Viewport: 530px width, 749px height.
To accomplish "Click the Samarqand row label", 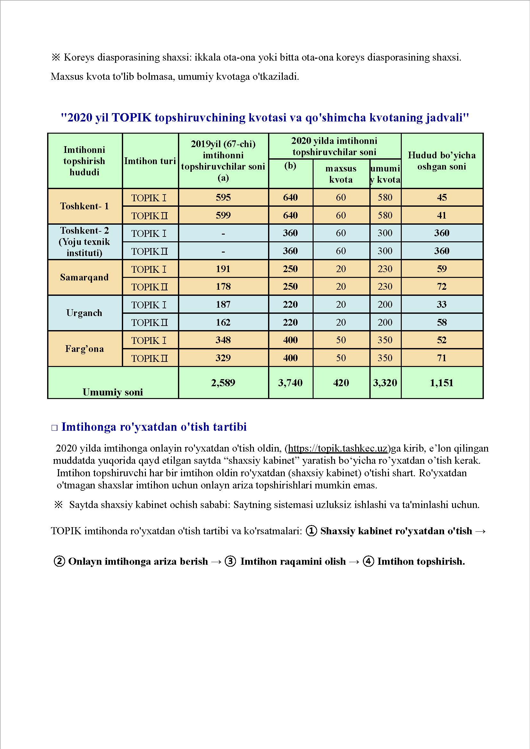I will (x=84, y=277).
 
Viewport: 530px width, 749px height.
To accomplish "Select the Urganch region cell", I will (x=84, y=313).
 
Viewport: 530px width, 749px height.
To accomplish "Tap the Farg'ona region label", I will (x=84, y=349).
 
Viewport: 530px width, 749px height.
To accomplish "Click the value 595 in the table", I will (x=223, y=197).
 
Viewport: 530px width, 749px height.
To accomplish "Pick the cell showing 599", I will (x=223, y=215).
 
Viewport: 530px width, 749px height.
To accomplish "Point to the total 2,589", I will (x=223, y=383).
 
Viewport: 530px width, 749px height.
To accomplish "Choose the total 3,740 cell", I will (x=290, y=383).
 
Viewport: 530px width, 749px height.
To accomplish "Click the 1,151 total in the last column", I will (x=442, y=383).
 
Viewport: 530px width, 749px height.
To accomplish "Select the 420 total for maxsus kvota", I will (x=341, y=383).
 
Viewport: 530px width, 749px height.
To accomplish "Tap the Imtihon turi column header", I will (x=150, y=161).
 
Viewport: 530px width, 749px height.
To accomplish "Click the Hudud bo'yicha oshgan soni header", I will (x=442, y=161).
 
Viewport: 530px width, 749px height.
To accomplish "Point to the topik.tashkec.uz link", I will (x=337, y=448).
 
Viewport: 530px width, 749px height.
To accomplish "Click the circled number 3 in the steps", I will (x=231, y=561).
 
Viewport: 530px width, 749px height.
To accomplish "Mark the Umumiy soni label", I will (x=113, y=392).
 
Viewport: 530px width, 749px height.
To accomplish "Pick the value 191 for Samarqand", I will (x=223, y=269).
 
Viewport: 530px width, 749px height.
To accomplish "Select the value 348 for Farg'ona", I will (x=223, y=340).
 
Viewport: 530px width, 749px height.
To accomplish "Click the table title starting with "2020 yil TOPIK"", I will (x=265, y=117).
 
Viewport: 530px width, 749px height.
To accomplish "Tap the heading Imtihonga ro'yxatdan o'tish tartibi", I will (x=154, y=427).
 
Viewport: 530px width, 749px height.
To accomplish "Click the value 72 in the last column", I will (x=442, y=287).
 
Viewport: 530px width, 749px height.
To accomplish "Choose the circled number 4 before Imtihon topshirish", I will (x=368, y=561).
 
